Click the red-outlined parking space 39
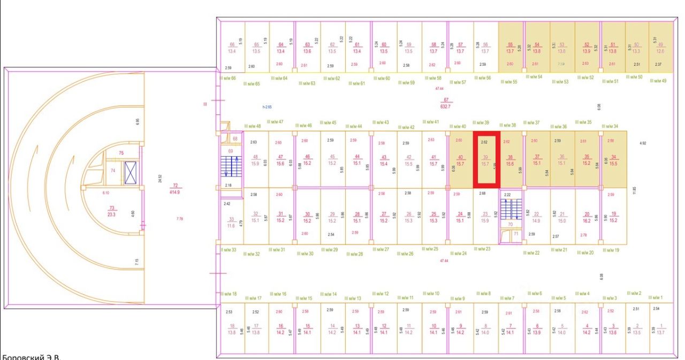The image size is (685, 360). tap(486, 160)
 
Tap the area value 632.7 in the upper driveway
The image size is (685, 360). tap(445, 106)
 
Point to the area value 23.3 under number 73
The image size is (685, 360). tap(112, 214)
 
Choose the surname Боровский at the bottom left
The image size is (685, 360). tap(21, 356)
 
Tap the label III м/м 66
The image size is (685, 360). tap(227, 78)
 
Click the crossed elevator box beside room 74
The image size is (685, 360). tap(131, 172)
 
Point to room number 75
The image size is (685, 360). tap(121, 153)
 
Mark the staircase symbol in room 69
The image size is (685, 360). tap(232, 166)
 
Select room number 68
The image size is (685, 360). tap(235, 139)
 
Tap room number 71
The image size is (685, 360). tap(516, 234)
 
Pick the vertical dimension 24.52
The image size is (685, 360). tap(160, 178)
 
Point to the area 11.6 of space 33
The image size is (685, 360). tap(231, 226)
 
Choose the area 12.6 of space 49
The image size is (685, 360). tap(660, 51)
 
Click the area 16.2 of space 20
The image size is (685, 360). tap(587, 220)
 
